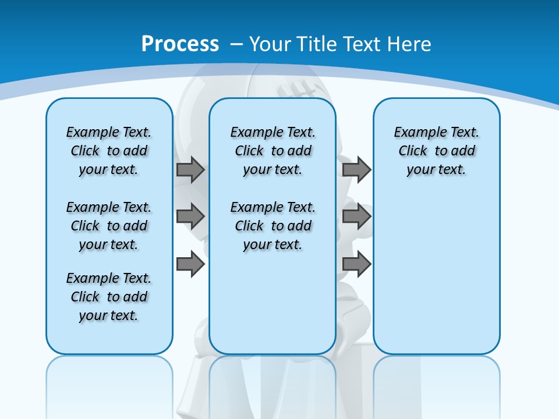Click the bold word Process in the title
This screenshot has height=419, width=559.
click(180, 44)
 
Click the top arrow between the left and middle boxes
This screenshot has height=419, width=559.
click(190, 169)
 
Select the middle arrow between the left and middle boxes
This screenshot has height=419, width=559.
click(190, 216)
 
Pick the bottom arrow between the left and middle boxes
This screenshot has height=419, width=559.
click(190, 264)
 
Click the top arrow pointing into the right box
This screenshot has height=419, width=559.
click(356, 169)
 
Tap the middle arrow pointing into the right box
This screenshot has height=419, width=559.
click(356, 216)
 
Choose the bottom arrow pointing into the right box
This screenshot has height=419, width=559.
click(356, 264)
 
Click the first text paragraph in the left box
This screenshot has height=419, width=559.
click(109, 151)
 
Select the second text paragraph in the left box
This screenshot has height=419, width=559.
click(109, 226)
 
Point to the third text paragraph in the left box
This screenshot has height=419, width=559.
click(109, 297)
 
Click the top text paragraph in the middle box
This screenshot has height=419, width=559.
click(273, 151)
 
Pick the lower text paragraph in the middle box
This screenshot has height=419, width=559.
click(273, 226)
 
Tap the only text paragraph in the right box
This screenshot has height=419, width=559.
click(437, 151)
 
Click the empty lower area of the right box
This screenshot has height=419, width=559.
click(437, 279)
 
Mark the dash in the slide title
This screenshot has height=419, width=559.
click(236, 44)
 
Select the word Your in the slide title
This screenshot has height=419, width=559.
click(270, 44)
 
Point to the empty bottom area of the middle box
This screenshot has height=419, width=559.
click(273, 308)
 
